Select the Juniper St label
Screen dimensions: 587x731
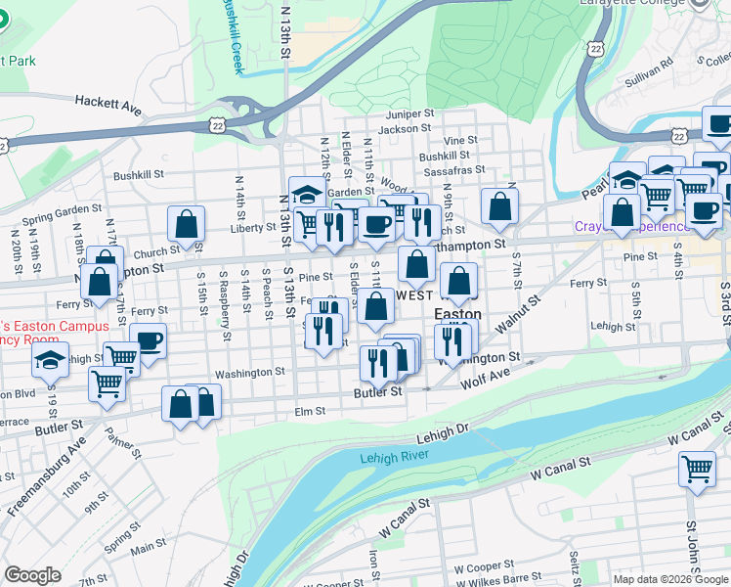click(408, 114)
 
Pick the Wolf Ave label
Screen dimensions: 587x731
click(485, 376)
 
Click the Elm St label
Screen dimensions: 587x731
click(310, 412)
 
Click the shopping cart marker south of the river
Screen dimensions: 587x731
click(696, 470)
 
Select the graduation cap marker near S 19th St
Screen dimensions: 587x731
click(50, 360)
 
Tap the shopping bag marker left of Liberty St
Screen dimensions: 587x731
click(186, 225)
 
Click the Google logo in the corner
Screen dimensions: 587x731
click(32, 575)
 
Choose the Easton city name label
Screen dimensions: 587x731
click(457, 315)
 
